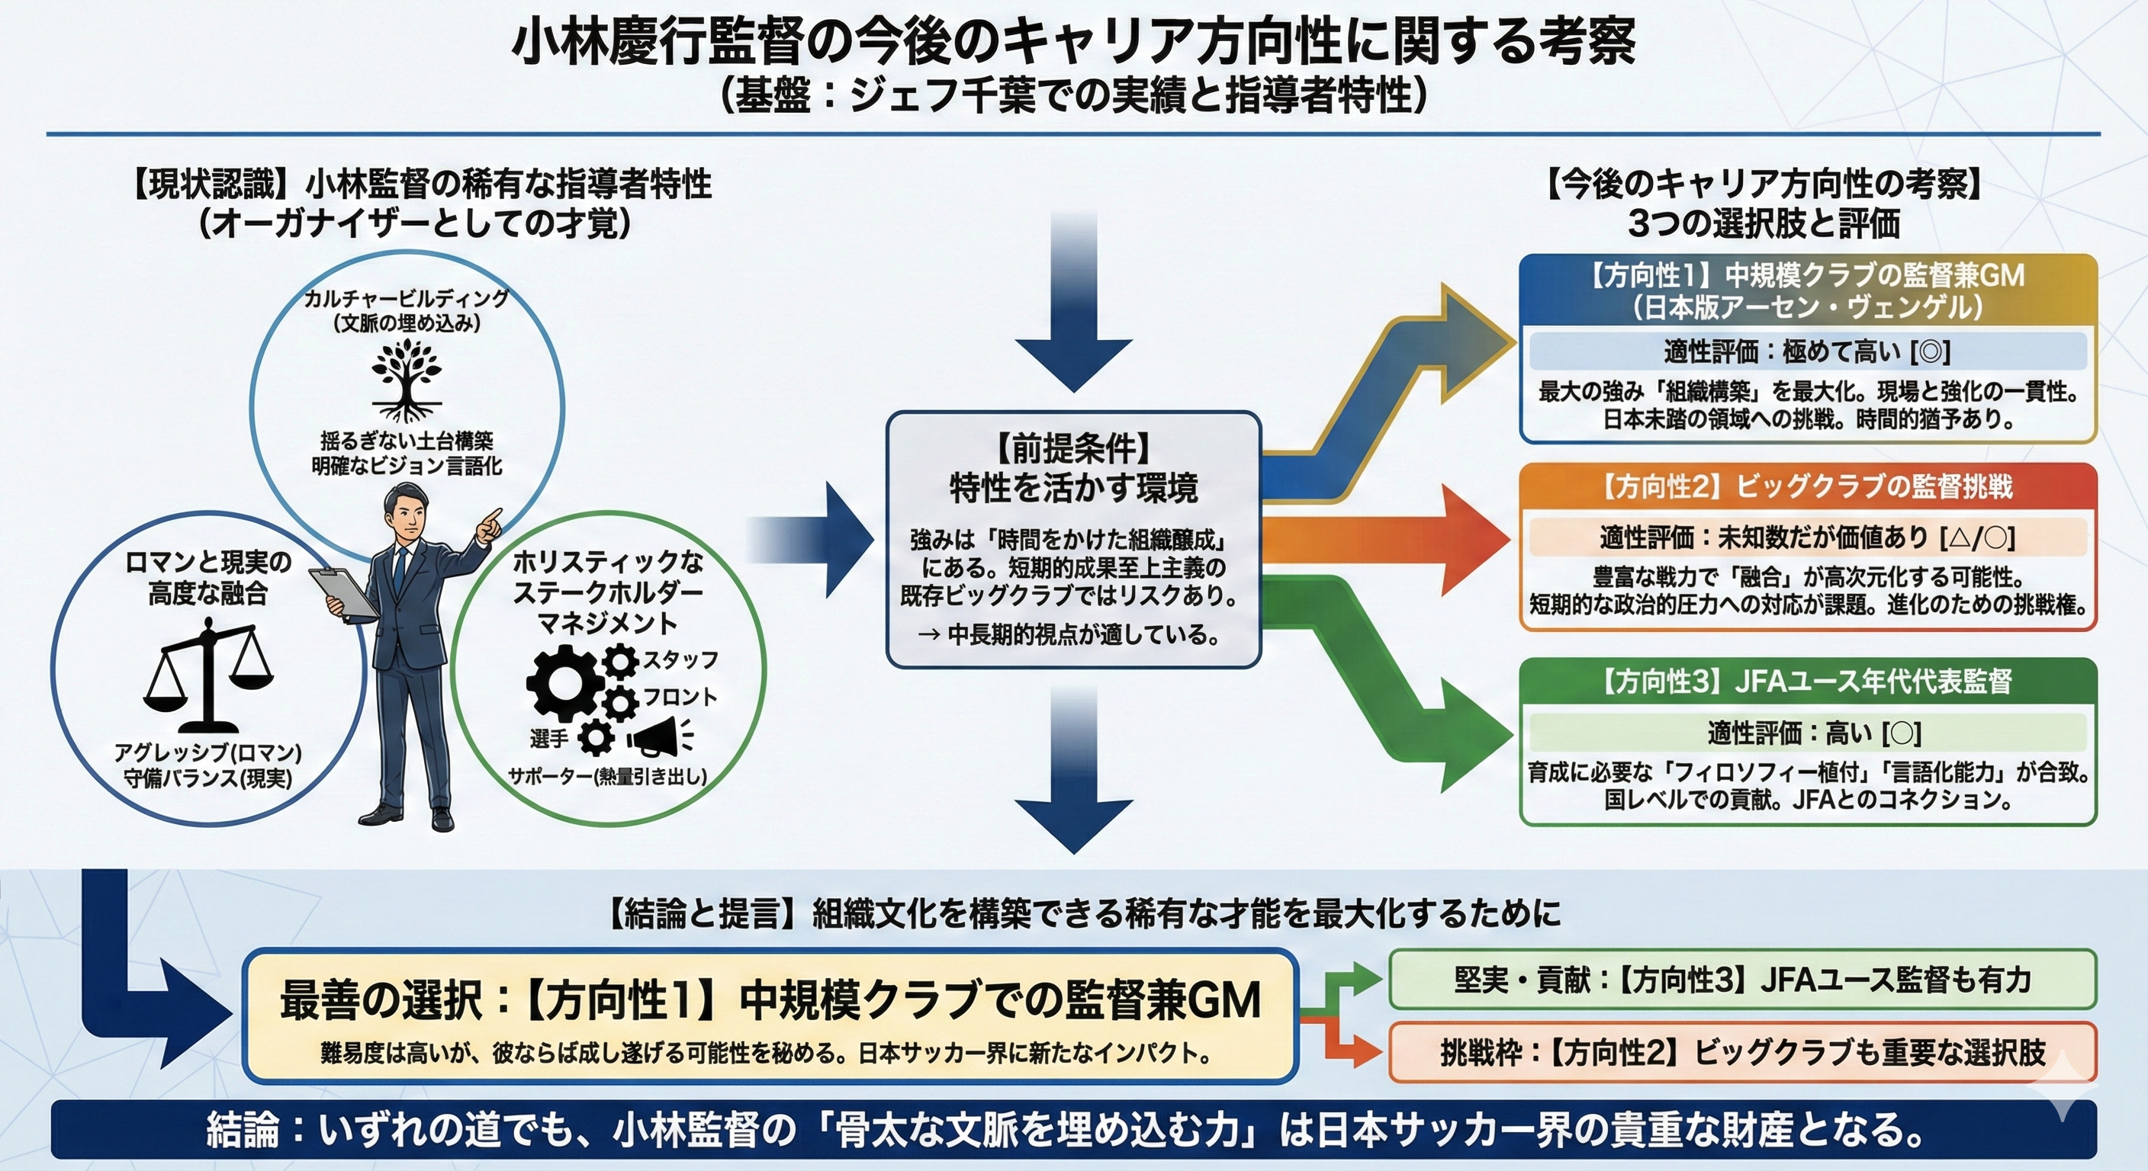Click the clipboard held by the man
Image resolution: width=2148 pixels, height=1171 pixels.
pos(342,591)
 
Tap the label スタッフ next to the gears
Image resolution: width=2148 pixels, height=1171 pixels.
pos(680,660)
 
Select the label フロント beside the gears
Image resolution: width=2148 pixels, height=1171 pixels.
pos(680,697)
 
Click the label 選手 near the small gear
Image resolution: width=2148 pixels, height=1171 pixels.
pos(548,738)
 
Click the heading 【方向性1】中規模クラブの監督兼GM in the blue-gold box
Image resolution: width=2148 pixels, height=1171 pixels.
pos(1807,276)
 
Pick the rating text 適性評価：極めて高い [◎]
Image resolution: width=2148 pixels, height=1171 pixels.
pos(1807,351)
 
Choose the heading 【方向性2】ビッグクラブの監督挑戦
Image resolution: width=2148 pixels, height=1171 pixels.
pos(1806,486)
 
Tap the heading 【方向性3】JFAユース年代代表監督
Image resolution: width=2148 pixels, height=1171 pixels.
pos(1806,682)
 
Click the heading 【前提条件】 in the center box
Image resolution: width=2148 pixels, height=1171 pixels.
pos(1073,450)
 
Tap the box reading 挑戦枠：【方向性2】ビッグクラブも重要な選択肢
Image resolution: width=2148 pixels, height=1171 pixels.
pos(1742,1053)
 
